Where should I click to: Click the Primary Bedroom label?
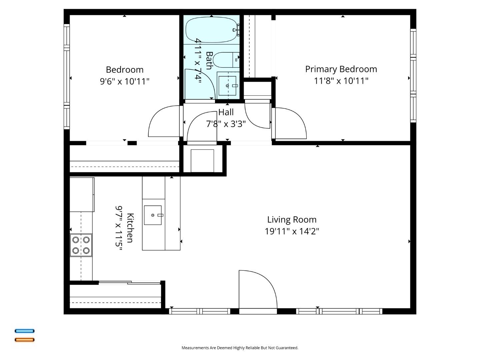click(341, 69)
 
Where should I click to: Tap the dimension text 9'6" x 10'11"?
click(125, 81)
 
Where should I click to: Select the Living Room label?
click(292, 220)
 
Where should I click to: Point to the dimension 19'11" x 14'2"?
click(292, 231)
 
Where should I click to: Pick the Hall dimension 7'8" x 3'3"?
click(226, 124)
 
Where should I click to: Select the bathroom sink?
click(228, 86)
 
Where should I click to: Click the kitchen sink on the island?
click(153, 215)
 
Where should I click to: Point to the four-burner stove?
click(81, 245)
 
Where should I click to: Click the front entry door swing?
click(257, 290)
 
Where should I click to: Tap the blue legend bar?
click(24, 331)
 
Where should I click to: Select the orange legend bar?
click(24, 340)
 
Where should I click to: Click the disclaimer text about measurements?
click(240, 348)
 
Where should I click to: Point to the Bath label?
click(209, 60)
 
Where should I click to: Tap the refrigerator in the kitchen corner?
click(82, 195)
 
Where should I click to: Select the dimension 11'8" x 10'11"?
click(341, 81)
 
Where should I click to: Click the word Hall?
click(226, 112)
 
